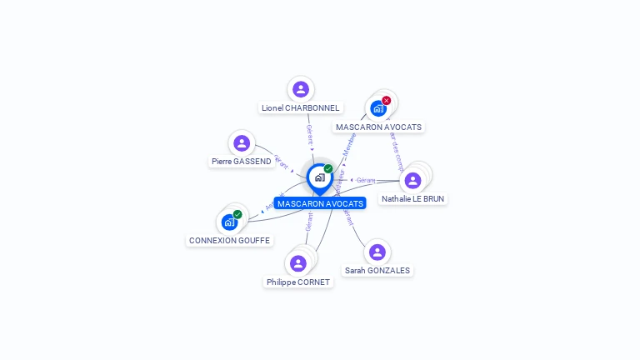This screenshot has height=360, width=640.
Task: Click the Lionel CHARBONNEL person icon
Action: coord(301,89)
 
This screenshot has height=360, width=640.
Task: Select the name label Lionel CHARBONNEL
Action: coord(301,107)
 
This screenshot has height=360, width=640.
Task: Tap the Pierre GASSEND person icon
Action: coord(242,143)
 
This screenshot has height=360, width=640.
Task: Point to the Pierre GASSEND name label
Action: coord(242,162)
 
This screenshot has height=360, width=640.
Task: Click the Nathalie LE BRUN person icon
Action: coord(412,180)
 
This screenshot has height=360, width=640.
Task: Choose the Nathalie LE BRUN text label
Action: coord(412,199)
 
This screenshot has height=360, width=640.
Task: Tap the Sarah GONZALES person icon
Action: coord(377,252)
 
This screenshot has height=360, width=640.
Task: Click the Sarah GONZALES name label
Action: coord(377,271)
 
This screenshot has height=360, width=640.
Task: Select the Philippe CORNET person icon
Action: coord(298,263)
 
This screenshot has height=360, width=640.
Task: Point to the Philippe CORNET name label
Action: coord(298,282)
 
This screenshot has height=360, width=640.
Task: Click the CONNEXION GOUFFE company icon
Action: coord(229,222)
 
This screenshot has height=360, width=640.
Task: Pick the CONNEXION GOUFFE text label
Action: coord(229,241)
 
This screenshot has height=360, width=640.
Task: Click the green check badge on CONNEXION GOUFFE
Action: coord(237,215)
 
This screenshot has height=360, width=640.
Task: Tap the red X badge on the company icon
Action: coord(387,101)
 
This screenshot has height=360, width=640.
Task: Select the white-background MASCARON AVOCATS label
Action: coord(379,127)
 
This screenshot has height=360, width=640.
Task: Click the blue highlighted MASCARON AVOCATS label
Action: coord(320,203)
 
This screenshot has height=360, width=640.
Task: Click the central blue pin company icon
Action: coord(319,177)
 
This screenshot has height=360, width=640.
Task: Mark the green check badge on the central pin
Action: coord(328,169)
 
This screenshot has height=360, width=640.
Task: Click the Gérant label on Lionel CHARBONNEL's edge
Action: coord(309,134)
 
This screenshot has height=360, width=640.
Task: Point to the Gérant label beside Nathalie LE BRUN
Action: coord(366,181)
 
